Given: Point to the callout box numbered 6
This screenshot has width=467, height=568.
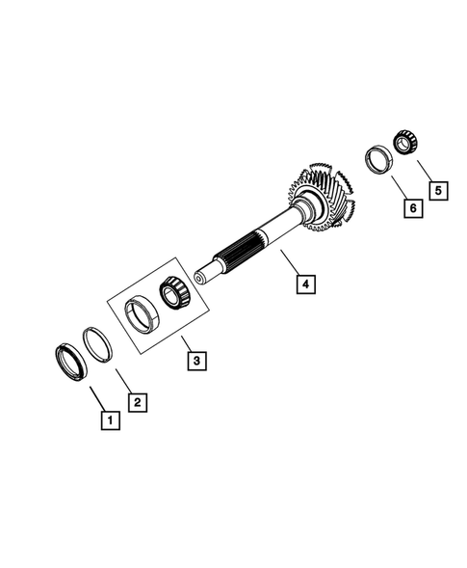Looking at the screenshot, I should click(411, 206).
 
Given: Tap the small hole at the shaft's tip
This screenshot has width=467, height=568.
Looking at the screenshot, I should click(198, 280).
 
